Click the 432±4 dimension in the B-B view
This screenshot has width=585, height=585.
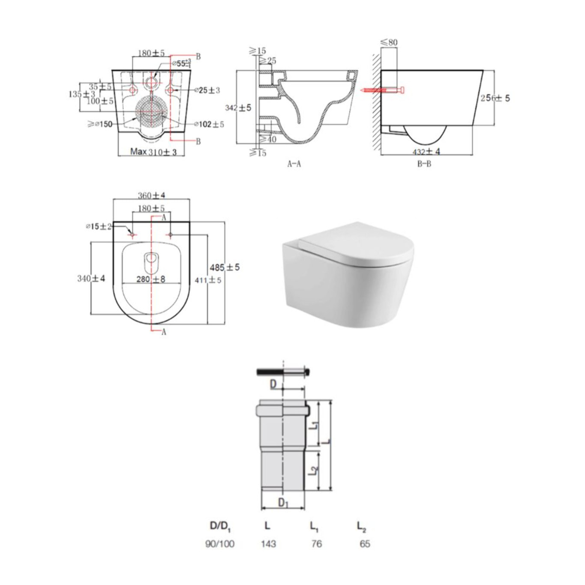tap(426, 151)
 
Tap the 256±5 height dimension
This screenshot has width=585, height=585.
tap(495, 98)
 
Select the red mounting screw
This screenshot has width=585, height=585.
tap(382, 90)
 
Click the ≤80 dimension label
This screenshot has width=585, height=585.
tap(389, 42)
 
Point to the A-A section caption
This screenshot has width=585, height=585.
tap(294, 164)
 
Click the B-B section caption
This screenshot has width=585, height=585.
tap(424, 164)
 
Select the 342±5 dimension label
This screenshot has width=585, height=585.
tap(238, 108)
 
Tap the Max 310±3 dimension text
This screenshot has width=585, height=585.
tap(153, 152)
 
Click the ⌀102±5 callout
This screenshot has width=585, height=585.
tap(209, 124)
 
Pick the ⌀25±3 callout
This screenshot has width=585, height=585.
tap(207, 90)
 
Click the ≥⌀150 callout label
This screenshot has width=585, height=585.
tap(100, 124)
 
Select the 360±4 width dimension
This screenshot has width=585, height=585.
tap(151, 195)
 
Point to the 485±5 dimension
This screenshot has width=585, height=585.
tap(225, 267)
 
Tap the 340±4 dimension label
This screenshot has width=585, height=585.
tap(91, 279)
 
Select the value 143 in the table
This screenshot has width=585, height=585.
tap(268, 544)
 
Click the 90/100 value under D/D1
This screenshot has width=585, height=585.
tap(220, 544)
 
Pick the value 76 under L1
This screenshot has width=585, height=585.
tap(316, 544)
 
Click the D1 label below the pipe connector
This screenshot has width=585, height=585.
tap(283, 502)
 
